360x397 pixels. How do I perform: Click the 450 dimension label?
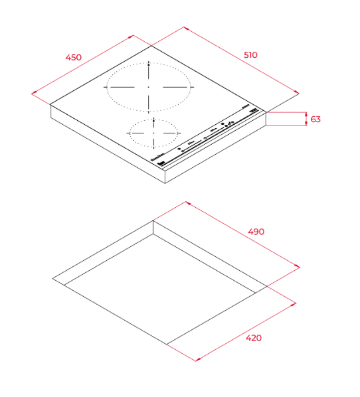click(74, 57)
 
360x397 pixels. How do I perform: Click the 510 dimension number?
click(250, 55)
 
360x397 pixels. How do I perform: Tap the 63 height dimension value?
click(315, 119)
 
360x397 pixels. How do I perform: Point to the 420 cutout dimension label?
click(254, 338)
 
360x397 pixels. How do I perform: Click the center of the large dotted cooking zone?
click(149, 88)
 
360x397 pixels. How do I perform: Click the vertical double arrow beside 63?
click(305, 119)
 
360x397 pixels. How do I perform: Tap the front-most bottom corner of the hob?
click(165, 185)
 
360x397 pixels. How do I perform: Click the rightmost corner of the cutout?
click(266, 287)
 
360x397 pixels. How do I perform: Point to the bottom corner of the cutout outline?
click(165, 344)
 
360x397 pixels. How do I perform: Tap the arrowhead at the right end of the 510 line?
click(297, 93)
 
